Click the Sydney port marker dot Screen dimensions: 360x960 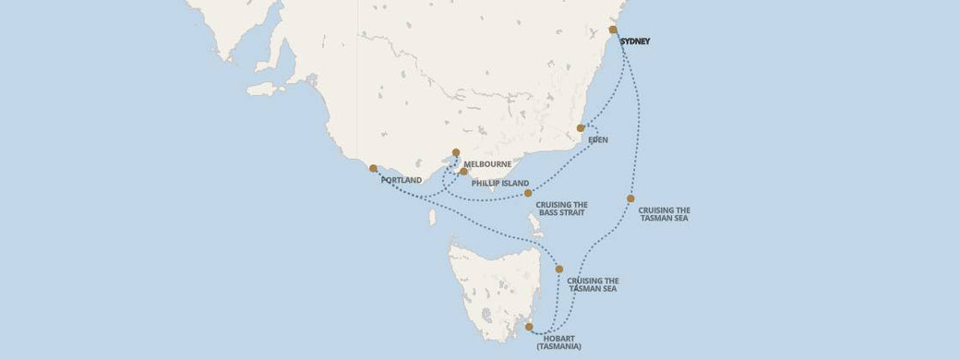[613, 30]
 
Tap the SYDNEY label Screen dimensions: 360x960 [635, 42]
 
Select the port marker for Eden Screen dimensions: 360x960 [581, 128]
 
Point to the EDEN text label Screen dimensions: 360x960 [597, 141]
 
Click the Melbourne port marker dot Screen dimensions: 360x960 [455, 153]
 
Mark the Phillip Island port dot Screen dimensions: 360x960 [463, 172]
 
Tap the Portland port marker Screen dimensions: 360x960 [373, 169]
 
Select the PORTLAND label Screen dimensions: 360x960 [401, 180]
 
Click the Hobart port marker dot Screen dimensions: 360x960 [529, 327]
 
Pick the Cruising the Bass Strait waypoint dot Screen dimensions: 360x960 [528, 193]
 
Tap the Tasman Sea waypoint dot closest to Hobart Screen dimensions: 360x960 [559, 269]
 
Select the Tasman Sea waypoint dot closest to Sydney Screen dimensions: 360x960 [630, 198]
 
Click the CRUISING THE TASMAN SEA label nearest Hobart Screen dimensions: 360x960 [593, 284]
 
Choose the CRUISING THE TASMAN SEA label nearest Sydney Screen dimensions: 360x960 [664, 214]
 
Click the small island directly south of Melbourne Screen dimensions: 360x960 [432, 218]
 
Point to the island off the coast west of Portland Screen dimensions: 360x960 [266, 90]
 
